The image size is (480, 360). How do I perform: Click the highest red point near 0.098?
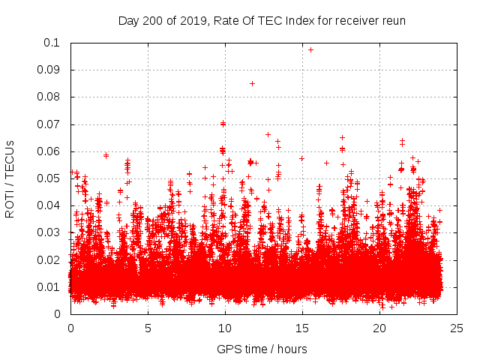point(310,49)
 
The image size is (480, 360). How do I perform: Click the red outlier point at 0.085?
point(252,83)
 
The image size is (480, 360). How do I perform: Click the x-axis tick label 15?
point(302,328)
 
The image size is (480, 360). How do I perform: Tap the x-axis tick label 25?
point(457,328)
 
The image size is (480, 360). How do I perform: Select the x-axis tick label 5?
point(148,328)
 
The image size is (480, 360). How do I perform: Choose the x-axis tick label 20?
point(379,328)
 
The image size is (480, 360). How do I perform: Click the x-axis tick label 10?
point(225,328)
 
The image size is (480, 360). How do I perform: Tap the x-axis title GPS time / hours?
point(262,349)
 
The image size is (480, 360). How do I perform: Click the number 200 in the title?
point(154,20)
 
